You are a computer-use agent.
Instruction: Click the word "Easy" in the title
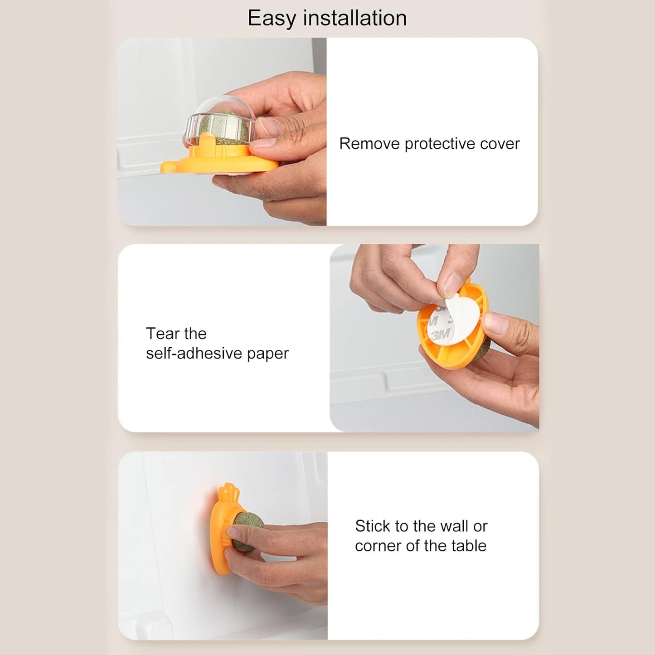(272, 19)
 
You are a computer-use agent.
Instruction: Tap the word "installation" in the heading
(355, 18)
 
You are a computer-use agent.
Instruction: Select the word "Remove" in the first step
(369, 144)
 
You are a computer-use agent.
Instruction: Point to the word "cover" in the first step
(500, 144)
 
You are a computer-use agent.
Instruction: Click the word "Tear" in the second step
(162, 334)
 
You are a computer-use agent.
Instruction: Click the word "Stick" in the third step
(373, 526)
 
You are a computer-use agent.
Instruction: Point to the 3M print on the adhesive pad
(440, 335)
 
